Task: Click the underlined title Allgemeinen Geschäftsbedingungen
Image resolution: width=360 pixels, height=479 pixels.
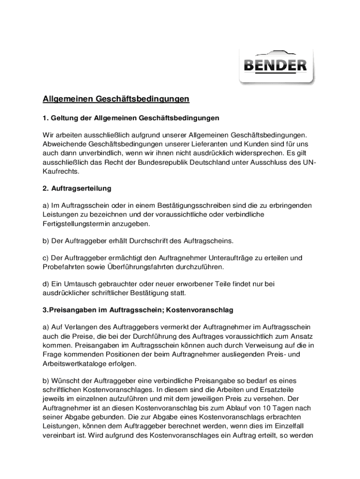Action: tap(116, 99)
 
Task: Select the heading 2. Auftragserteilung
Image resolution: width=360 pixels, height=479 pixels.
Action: tap(77, 189)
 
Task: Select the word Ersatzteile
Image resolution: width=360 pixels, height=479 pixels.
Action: tap(289, 390)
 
